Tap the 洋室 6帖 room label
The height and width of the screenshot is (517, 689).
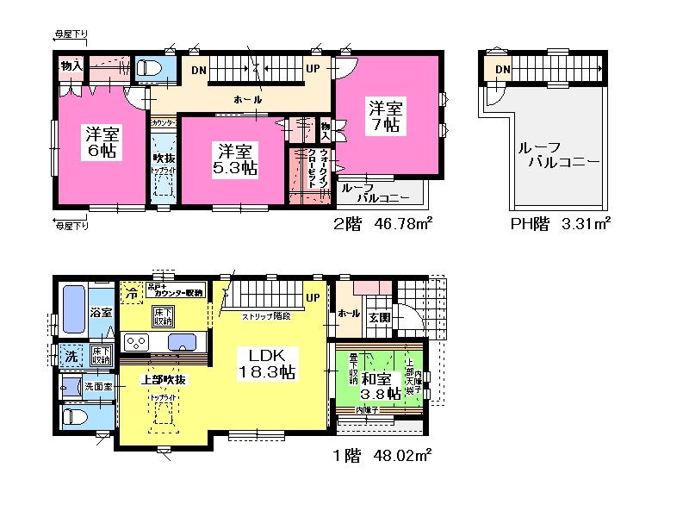(101, 142)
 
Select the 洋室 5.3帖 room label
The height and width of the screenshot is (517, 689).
(234, 158)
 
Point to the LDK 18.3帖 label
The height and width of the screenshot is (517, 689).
(273, 364)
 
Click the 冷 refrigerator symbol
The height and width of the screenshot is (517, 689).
(131, 293)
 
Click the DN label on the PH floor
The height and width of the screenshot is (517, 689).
(502, 69)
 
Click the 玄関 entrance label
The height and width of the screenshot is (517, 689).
(380, 316)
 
